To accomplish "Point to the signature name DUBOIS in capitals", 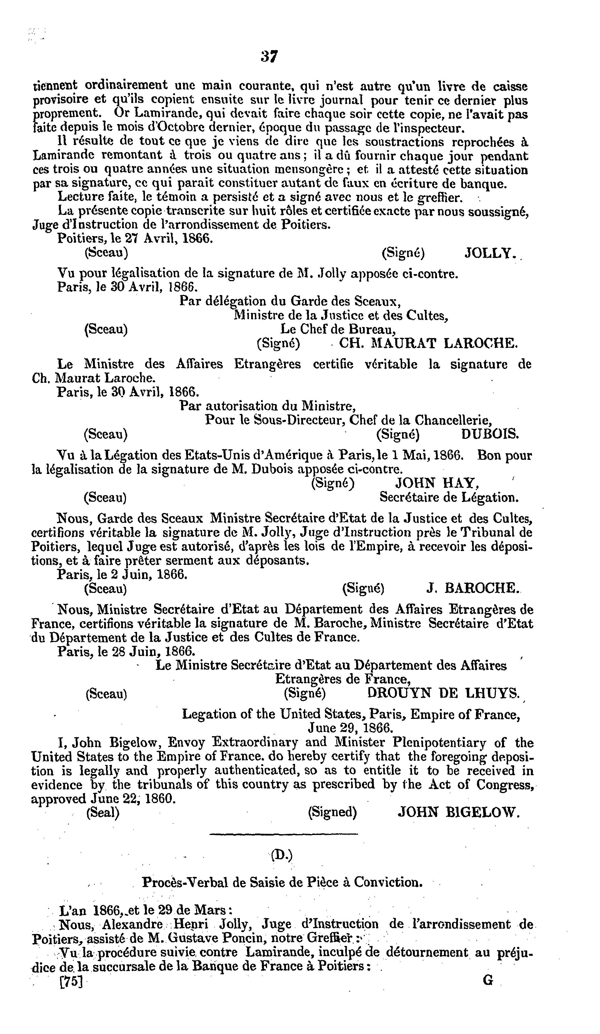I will (x=490, y=434).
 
